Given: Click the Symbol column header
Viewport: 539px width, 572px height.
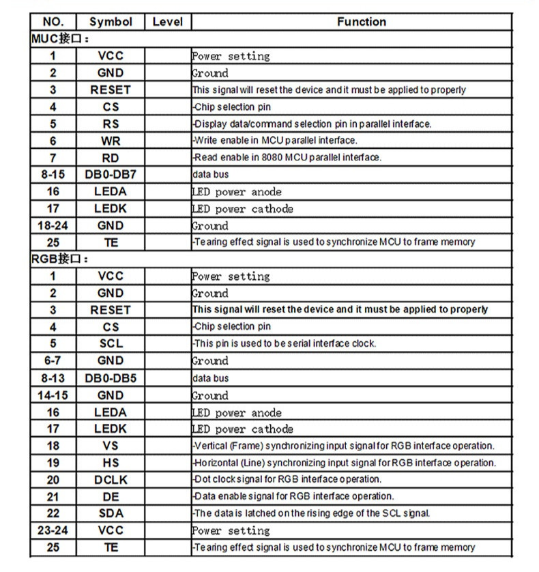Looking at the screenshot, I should (111, 22).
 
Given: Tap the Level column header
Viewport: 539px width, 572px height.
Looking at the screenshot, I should (167, 22).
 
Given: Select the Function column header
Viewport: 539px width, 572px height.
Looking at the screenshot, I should (361, 22).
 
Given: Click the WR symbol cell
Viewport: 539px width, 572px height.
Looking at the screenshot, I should (111, 141).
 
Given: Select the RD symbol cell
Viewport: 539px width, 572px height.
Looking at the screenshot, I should (111, 158).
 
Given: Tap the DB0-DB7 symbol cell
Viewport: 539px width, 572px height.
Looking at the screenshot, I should (111, 175).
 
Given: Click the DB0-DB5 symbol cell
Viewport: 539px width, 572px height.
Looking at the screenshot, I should (111, 378).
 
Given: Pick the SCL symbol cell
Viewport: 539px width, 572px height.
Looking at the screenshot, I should (111, 344).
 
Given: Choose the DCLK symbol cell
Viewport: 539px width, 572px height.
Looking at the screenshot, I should (111, 480).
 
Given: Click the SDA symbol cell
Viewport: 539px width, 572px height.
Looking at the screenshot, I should (111, 513).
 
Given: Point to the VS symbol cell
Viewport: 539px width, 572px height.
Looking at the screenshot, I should (111, 446).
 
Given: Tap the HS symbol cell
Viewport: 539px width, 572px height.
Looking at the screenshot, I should (111, 463).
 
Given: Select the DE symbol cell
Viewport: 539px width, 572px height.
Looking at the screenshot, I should (111, 496).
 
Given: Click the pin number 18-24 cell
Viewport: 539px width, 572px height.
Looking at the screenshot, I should (53, 225).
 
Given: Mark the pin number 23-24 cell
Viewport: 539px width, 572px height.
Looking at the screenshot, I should (53, 530).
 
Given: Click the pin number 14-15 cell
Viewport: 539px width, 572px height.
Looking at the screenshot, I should (53, 395).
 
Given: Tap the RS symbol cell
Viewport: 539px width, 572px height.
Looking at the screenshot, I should (111, 124).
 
